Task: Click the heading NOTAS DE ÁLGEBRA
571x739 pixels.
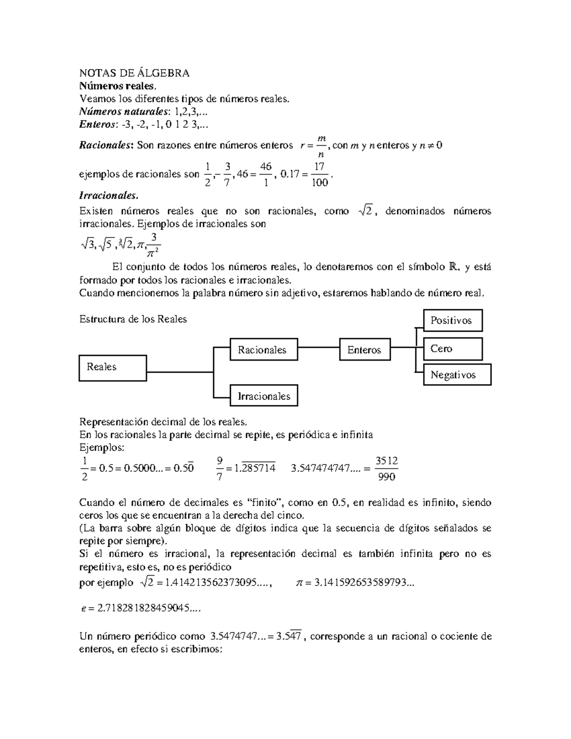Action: click(x=134, y=73)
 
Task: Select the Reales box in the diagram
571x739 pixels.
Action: click(x=113, y=367)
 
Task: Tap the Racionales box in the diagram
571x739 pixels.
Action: click(x=264, y=350)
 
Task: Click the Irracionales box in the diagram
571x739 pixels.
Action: click(x=264, y=396)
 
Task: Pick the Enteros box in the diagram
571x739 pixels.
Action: click(x=364, y=350)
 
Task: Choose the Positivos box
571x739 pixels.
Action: click(x=453, y=320)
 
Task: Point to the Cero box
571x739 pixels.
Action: click(x=453, y=349)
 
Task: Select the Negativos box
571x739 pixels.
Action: click(x=457, y=375)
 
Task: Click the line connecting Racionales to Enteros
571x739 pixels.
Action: click(x=319, y=347)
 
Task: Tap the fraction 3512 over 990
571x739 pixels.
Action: click(x=386, y=469)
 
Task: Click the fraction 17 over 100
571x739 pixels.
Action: click(x=319, y=175)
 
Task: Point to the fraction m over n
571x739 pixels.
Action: click(x=321, y=146)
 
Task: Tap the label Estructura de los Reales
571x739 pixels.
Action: click(x=133, y=319)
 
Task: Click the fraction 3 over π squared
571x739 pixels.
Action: click(x=153, y=243)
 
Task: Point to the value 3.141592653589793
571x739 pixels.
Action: click(x=364, y=583)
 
